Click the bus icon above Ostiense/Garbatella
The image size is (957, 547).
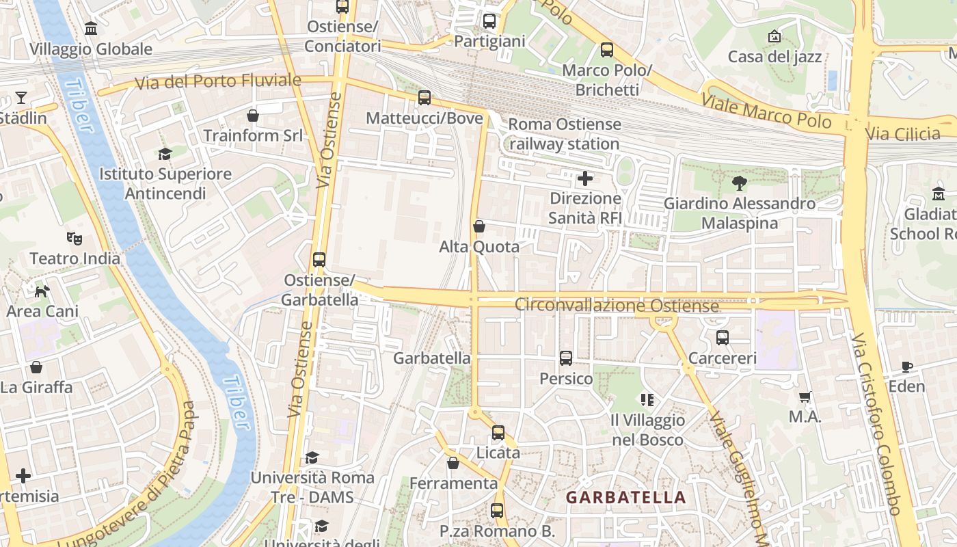pyautogui.click(x=319, y=260)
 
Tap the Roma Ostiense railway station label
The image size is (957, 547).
pyautogui.click(x=565, y=134)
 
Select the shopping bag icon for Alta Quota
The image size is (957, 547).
pyautogui.click(x=479, y=226)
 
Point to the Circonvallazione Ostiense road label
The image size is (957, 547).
pyautogui.click(x=616, y=305)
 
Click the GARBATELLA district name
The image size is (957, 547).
pyautogui.click(x=625, y=498)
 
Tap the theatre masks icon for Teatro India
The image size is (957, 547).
pyautogui.click(x=75, y=239)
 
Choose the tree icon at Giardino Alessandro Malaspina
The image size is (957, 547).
pyautogui.click(x=739, y=183)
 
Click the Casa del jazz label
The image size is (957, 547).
pyautogui.click(x=774, y=57)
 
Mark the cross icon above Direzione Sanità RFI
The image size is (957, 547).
pyautogui.click(x=585, y=179)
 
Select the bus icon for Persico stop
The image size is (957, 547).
pyautogui.click(x=566, y=358)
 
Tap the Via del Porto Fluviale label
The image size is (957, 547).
pyautogui.click(x=218, y=81)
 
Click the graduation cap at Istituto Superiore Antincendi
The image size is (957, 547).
pyautogui.click(x=165, y=154)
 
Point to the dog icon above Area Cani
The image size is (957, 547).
pyautogui.click(x=42, y=291)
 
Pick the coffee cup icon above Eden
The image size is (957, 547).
pyautogui.click(x=906, y=366)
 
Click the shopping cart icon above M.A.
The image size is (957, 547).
pyautogui.click(x=805, y=397)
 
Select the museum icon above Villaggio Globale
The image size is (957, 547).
pyautogui.click(x=91, y=29)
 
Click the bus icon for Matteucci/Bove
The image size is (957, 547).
pyautogui.click(x=424, y=98)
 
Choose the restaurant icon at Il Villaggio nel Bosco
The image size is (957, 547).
pyautogui.click(x=647, y=399)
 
